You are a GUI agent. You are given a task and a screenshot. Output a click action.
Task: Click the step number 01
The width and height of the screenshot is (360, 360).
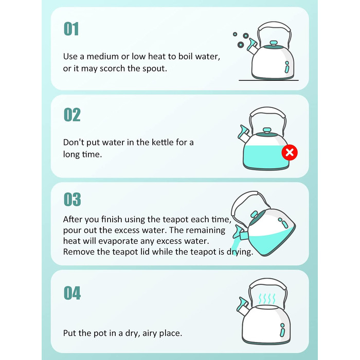click(x=71, y=29)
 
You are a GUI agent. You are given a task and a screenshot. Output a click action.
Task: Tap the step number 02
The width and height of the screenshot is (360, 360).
click(x=72, y=115)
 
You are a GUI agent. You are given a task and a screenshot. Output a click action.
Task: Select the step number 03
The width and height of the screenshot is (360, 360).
click(x=73, y=200)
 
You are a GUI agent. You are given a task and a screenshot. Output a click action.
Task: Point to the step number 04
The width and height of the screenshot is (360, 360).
click(x=73, y=293)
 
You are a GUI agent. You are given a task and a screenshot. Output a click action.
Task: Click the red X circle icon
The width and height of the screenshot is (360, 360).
click(x=290, y=152)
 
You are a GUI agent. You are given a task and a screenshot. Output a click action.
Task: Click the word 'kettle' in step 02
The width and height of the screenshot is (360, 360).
click(x=163, y=142)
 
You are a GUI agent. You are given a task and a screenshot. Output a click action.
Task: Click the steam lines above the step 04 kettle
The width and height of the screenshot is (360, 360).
click(x=267, y=298)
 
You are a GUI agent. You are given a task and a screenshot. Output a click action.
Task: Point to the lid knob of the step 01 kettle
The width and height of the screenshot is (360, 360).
click(x=274, y=43)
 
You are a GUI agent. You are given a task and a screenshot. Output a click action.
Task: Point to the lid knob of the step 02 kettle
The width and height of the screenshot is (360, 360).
click(x=266, y=131)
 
